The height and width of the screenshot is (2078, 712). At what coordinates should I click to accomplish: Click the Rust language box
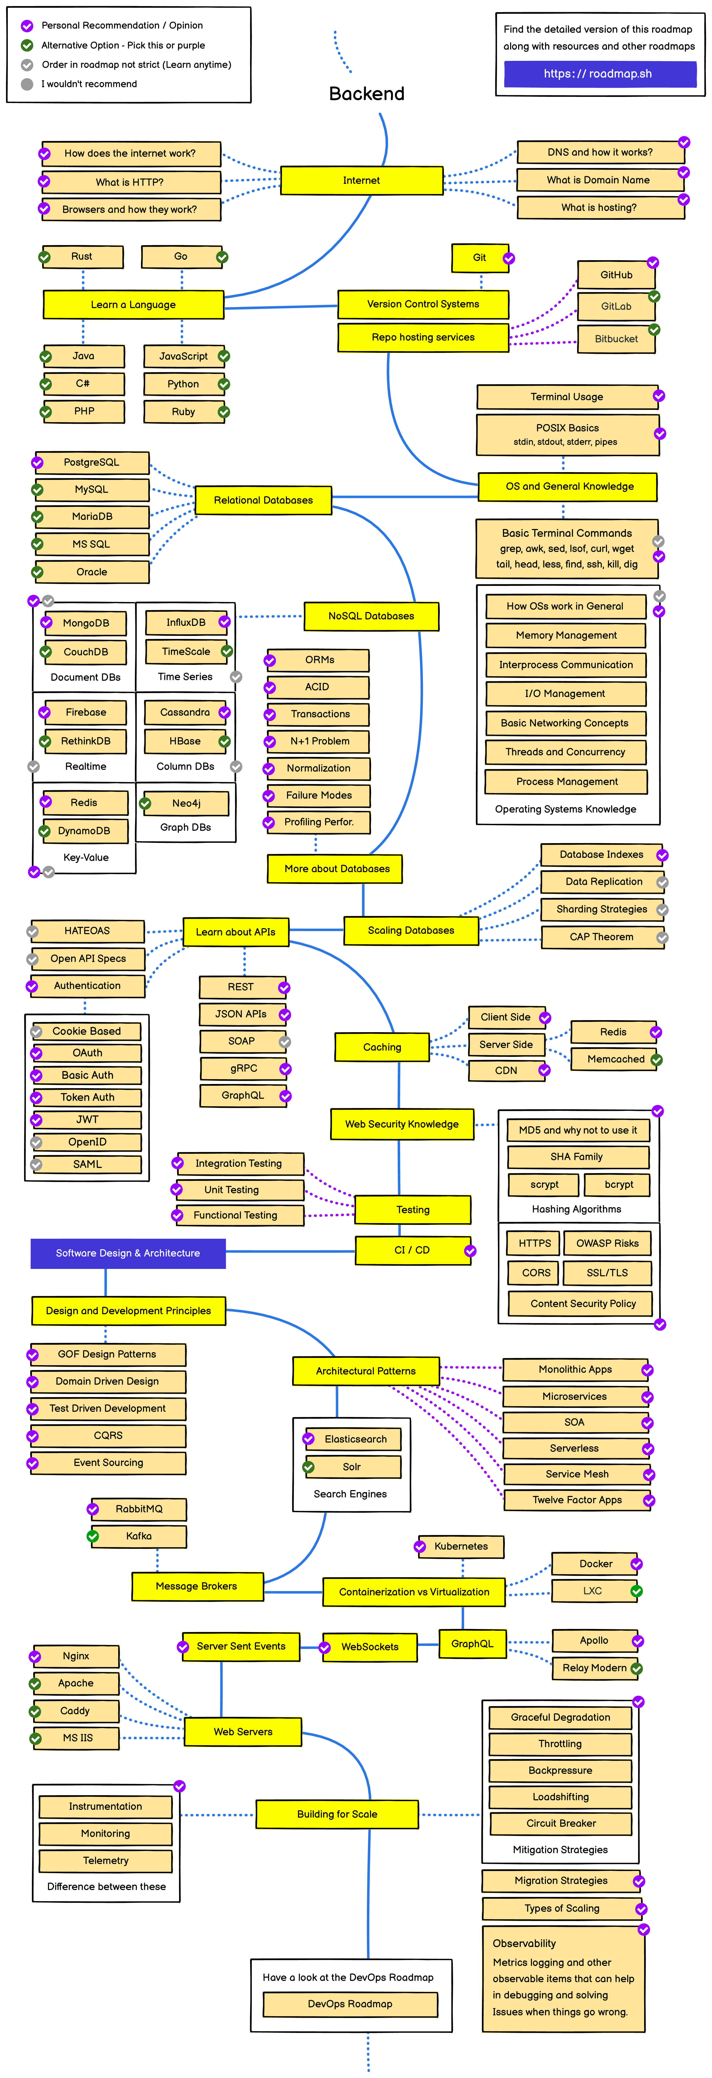click(x=82, y=256)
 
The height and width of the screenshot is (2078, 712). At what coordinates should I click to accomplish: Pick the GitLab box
click(x=616, y=307)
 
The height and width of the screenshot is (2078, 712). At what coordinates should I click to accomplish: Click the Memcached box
click(x=616, y=1059)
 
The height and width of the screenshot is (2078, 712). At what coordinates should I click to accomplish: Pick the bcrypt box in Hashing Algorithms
click(x=619, y=1184)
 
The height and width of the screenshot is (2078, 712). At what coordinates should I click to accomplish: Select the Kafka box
click(x=139, y=1536)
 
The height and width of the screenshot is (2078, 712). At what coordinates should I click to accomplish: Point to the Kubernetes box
click(x=461, y=1546)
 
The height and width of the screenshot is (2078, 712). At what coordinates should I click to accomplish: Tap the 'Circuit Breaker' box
click(x=561, y=1823)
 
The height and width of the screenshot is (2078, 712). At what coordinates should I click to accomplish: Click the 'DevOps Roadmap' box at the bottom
click(x=350, y=2004)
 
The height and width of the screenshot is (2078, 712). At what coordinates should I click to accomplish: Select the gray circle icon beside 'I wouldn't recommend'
click(x=27, y=84)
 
